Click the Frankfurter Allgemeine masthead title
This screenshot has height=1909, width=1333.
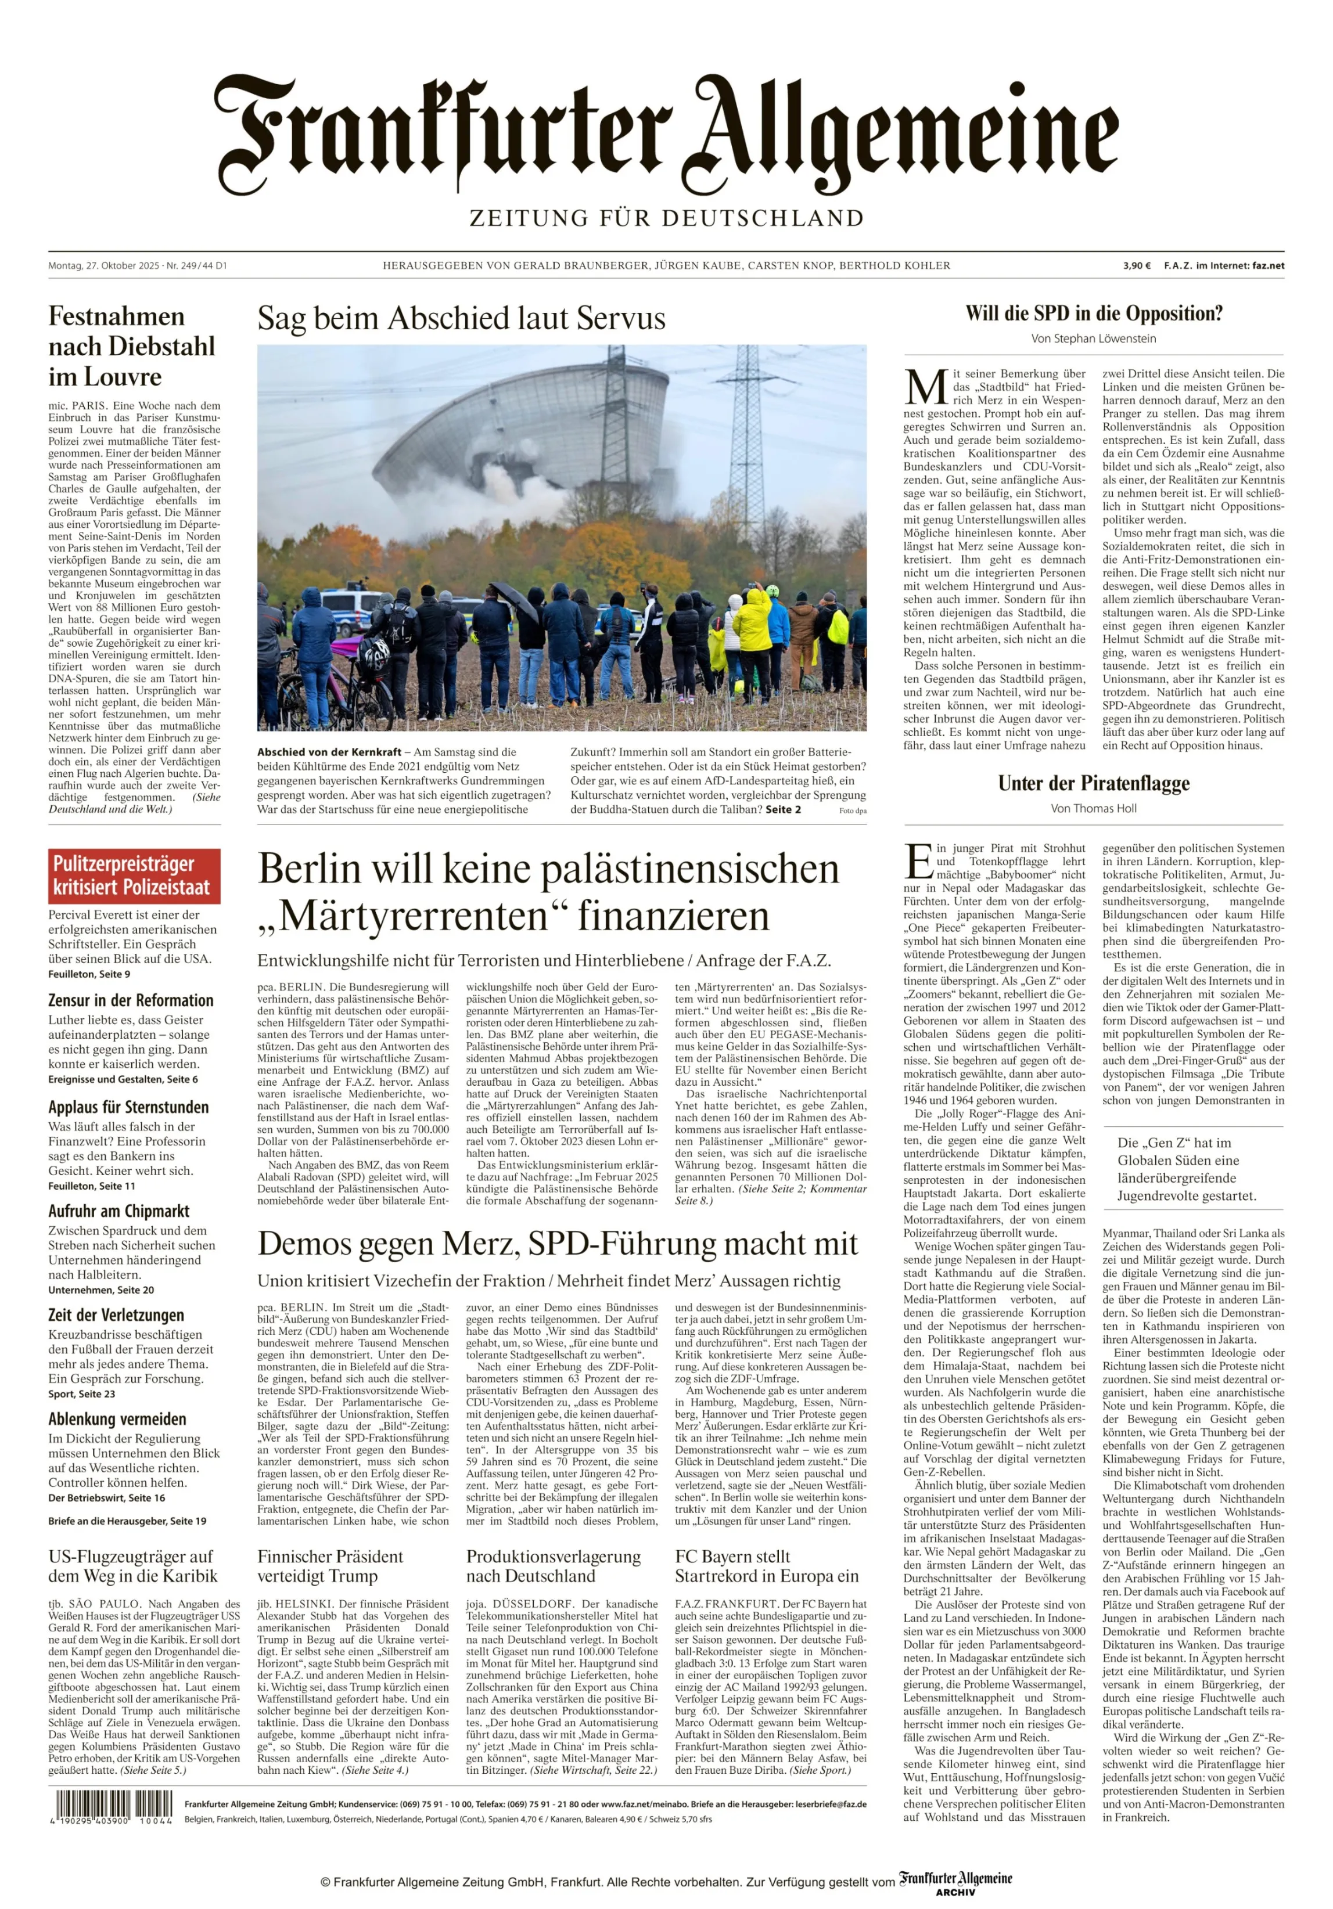click(x=666, y=133)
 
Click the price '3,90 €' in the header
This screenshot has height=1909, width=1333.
click(x=1137, y=266)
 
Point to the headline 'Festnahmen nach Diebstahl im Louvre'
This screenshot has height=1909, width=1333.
click(x=131, y=346)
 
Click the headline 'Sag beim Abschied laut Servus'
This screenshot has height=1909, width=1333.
click(x=462, y=318)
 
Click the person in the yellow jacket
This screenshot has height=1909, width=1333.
click(x=753, y=619)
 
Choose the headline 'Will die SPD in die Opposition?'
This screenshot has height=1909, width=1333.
click(x=1094, y=314)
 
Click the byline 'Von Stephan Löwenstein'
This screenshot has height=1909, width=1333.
click(x=1094, y=338)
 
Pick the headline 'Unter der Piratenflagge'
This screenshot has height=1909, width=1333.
click(x=1094, y=783)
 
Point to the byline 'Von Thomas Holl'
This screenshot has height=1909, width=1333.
click(x=1094, y=808)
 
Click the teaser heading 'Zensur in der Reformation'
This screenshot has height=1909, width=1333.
click(x=131, y=1000)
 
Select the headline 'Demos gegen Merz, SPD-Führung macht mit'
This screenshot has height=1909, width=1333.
click(x=557, y=1244)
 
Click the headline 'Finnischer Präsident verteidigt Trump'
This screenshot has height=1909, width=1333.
click(x=330, y=1566)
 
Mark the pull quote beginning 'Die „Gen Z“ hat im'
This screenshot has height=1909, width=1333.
click(x=1187, y=1169)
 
